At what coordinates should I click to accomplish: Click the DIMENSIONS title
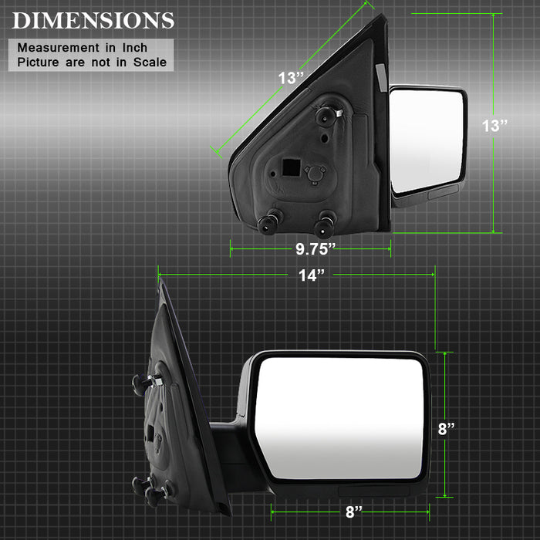[x=93, y=21]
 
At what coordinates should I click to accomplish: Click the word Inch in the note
[x=135, y=48]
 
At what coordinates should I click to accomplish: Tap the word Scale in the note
[x=150, y=62]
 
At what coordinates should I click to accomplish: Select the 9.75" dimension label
[x=316, y=249]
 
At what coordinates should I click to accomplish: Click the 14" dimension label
[x=312, y=275]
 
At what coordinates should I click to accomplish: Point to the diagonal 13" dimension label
[x=291, y=78]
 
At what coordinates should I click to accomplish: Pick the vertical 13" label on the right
[x=494, y=126]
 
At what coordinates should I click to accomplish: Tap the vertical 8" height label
[x=447, y=429]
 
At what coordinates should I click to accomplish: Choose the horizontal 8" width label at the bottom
[x=354, y=511]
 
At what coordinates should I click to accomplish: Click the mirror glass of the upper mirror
[x=427, y=140]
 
